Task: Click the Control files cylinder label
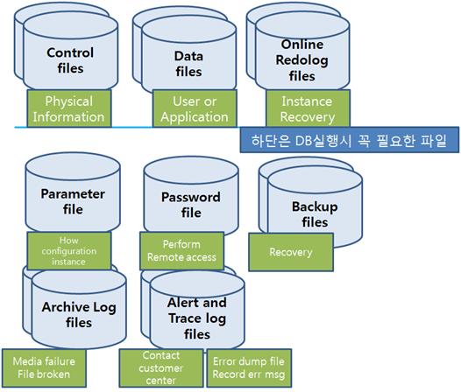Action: pyautogui.click(x=70, y=60)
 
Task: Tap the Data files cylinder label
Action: pyautogui.click(x=188, y=64)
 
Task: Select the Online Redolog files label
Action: pyautogui.click(x=302, y=60)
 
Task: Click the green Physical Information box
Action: pyautogui.click(x=69, y=108)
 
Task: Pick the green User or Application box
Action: pyautogui.click(x=195, y=108)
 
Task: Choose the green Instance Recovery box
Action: pyautogui.click(x=308, y=108)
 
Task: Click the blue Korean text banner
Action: pyautogui.click(x=350, y=140)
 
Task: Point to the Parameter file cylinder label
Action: pyautogui.click(x=73, y=201)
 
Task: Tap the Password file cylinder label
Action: pyautogui.click(x=191, y=205)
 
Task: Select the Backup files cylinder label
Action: pyautogui.click(x=315, y=214)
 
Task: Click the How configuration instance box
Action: pyautogui.click(x=69, y=251)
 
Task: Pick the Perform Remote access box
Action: pyautogui.click(x=181, y=251)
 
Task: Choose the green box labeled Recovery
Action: pyautogui.click(x=291, y=252)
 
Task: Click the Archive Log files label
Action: pyautogui.click(x=79, y=314)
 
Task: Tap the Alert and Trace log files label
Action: pyautogui.click(x=197, y=318)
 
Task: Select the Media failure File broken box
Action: pyautogui.click(x=44, y=367)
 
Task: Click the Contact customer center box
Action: pyautogui.click(x=161, y=367)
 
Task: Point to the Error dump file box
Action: pyautogui.click(x=249, y=367)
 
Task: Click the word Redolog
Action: pyautogui.click(x=302, y=60)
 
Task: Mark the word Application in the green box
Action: pyautogui.click(x=195, y=117)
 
